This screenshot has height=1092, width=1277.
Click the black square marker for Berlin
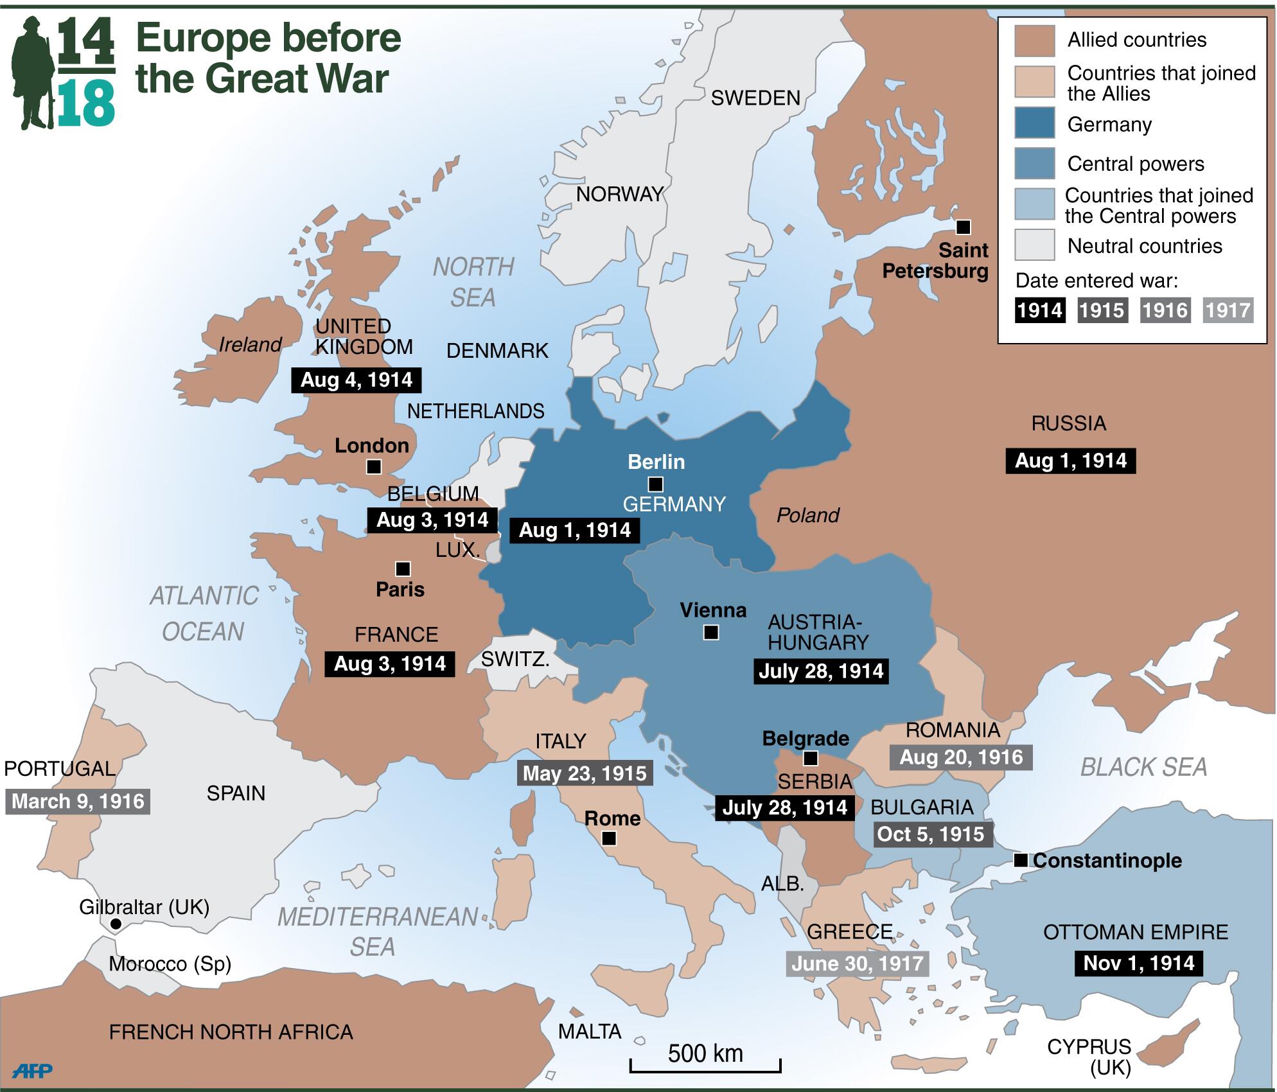click(655, 484)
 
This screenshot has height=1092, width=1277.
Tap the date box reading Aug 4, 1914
click(357, 380)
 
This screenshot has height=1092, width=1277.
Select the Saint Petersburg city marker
click(963, 227)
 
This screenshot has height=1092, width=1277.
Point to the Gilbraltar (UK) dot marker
click(116, 924)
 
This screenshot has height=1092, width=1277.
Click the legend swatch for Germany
click(1034, 123)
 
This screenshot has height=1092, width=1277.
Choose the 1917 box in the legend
click(1228, 311)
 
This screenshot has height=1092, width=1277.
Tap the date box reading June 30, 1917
click(858, 964)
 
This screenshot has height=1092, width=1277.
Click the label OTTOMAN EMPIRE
click(1135, 932)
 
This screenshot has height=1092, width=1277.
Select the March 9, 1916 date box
click(78, 802)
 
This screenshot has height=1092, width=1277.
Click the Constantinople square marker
click(1020, 860)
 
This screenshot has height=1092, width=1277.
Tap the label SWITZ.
click(515, 659)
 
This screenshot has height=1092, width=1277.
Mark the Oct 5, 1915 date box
click(931, 834)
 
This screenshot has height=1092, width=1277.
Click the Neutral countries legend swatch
click(1034, 245)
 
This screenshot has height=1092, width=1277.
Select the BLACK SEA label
click(1143, 768)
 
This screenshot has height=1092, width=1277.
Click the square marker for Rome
click(609, 838)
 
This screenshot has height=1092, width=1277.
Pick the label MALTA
click(590, 1032)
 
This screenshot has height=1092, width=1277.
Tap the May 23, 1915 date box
click(585, 773)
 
